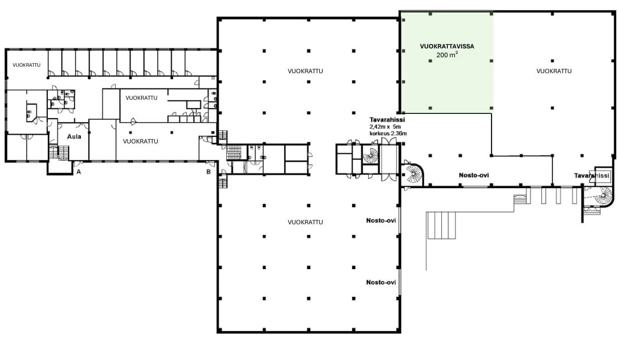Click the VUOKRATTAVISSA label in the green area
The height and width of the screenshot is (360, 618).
[447, 47]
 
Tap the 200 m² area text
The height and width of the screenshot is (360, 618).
[447, 55]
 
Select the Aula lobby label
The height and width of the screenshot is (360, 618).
[74, 137]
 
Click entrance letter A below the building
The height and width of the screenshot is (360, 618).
[79, 172]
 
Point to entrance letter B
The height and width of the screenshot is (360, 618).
[209, 172]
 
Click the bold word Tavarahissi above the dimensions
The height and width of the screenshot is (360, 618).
[387, 120]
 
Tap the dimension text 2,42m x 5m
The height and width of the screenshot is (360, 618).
[385, 127]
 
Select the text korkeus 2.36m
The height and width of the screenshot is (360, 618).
[388, 133]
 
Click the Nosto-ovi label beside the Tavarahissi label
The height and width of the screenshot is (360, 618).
[474, 175]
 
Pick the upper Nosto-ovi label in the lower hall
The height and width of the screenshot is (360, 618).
[381, 221]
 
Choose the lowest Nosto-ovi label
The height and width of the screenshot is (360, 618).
[381, 283]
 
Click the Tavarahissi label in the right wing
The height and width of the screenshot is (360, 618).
[591, 176]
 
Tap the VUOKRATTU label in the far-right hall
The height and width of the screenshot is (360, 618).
[554, 71]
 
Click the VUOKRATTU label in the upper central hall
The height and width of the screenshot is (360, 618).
[305, 71]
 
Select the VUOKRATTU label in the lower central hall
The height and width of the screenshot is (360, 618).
[305, 222]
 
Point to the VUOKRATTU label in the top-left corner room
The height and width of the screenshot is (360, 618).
[27, 65]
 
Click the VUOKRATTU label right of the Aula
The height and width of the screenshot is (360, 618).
[141, 142]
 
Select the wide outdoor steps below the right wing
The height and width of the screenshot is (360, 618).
[441, 225]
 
